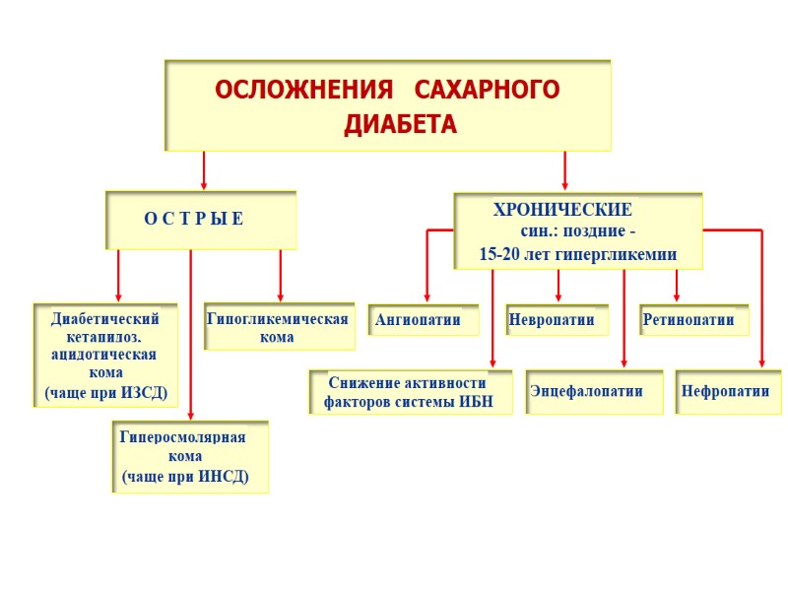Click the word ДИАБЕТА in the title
400,126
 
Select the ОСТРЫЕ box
200,219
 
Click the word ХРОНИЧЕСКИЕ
562,211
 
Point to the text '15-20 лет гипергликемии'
577,254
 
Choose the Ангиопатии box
424,320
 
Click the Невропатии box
557,320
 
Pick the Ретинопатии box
693,320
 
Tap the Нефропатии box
727,391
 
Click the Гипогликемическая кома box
279,327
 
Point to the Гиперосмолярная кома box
189,457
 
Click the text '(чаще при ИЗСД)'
106,392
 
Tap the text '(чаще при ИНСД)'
185,477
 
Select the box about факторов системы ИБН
410,392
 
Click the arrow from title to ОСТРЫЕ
204,169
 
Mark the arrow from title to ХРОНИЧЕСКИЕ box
565,169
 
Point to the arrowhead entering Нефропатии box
761,363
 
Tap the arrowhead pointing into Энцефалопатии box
624,363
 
